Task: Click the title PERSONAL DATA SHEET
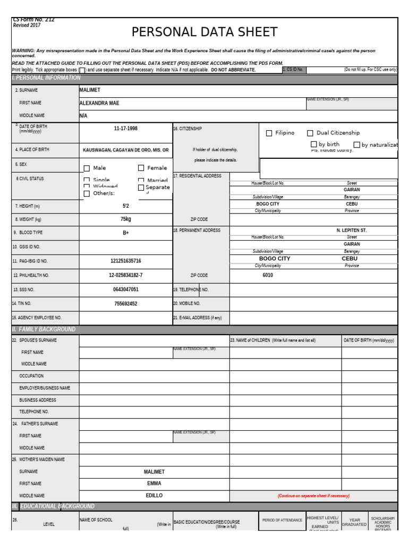click(205, 32)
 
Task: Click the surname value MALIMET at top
click(90, 90)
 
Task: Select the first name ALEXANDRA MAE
click(99, 103)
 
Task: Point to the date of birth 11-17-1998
click(125, 129)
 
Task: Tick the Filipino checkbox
click(269, 133)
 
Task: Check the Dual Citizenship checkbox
click(310, 133)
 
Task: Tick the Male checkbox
click(87, 168)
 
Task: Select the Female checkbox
click(141, 168)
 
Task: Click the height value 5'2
click(125, 206)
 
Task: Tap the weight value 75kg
click(125, 219)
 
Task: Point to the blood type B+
click(125, 233)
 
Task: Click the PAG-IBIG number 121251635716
click(125, 261)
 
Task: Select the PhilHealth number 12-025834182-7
click(125, 275)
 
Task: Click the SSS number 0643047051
click(125, 290)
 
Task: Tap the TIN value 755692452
click(125, 304)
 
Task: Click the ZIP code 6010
click(268, 275)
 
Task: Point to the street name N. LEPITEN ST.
click(352, 231)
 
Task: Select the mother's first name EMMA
click(154, 483)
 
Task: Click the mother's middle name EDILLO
click(154, 496)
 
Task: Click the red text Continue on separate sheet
click(313, 496)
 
